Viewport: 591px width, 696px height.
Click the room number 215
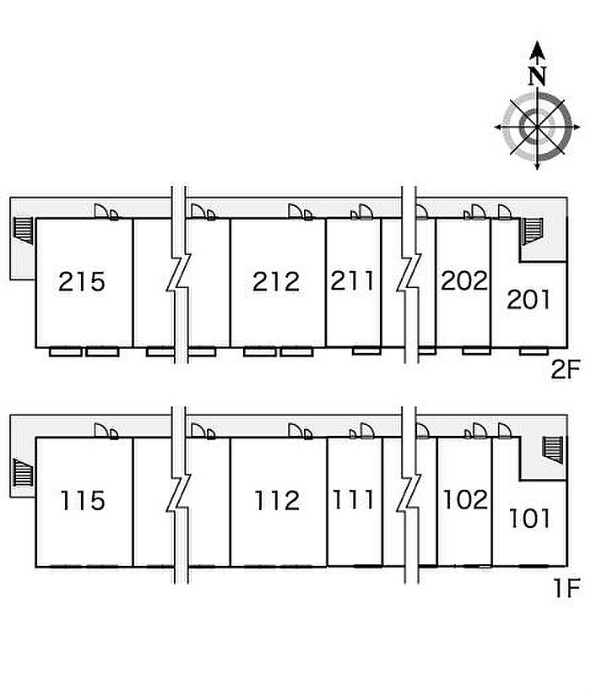pyautogui.click(x=82, y=281)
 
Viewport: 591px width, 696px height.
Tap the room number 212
pyautogui.click(x=276, y=281)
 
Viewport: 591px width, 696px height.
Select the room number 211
pyautogui.click(x=353, y=280)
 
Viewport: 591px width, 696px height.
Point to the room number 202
pyautogui.click(x=464, y=280)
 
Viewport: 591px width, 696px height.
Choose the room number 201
pyautogui.click(x=529, y=299)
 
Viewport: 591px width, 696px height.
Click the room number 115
pyautogui.click(x=82, y=501)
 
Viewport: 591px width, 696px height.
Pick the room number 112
pyautogui.click(x=276, y=501)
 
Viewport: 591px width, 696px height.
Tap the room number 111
pyautogui.click(x=353, y=500)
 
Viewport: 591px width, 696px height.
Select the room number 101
pyautogui.click(x=530, y=518)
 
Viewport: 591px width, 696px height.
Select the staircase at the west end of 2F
pyautogui.click(x=23, y=230)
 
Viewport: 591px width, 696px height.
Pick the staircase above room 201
pyautogui.click(x=532, y=228)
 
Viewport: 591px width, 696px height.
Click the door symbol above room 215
pyautogui.click(x=105, y=211)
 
